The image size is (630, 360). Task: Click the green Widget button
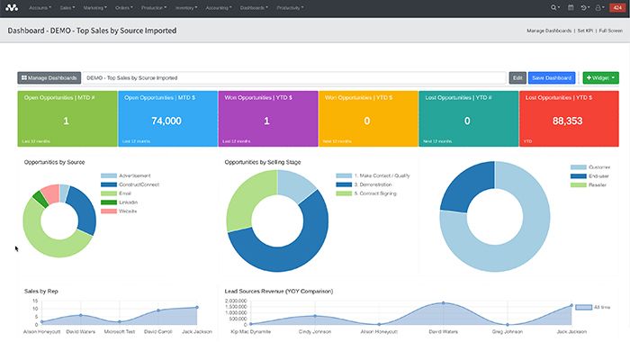click(600, 78)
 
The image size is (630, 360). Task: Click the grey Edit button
click(517, 78)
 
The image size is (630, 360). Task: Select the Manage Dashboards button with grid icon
click(49, 78)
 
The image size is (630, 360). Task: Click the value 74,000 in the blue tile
click(166, 121)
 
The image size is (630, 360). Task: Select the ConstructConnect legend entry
click(134, 184)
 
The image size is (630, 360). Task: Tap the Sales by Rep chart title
click(41, 292)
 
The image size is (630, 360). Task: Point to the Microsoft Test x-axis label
click(119, 332)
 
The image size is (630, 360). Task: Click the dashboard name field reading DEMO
click(293, 78)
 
